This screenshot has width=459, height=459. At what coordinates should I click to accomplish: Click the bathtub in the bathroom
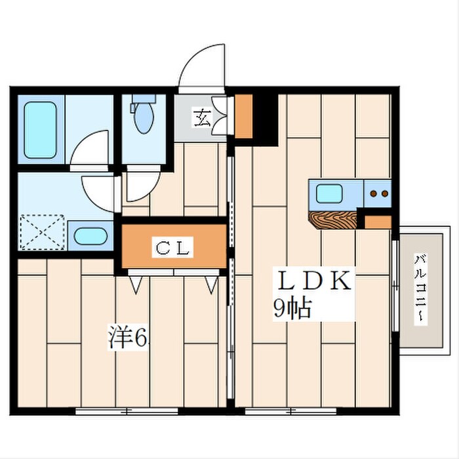pyautogui.click(x=40, y=130)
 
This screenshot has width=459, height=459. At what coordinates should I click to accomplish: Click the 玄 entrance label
pyautogui.click(x=202, y=117)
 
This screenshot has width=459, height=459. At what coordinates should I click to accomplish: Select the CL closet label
pyautogui.click(x=172, y=247)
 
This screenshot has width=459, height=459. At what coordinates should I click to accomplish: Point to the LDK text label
pyautogui.click(x=314, y=280)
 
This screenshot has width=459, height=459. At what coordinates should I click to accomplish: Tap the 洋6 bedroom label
pyautogui.click(x=128, y=336)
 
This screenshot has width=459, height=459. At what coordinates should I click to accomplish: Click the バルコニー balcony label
pyautogui.click(x=421, y=289)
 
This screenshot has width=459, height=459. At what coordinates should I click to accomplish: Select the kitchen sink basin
pyautogui.click(x=329, y=194)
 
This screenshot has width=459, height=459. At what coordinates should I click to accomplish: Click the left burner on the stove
pyautogui.click(x=374, y=193)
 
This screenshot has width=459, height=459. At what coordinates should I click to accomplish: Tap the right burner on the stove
pyautogui.click(x=385, y=193)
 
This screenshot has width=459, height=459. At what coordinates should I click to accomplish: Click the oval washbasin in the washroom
pyautogui.click(x=90, y=236)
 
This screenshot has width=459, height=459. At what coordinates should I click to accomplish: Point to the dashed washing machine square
pyautogui.click(x=42, y=232)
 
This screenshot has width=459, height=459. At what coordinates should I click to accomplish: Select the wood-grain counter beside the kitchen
pyautogui.click(x=333, y=220)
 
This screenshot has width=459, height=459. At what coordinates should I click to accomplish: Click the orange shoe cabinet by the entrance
pyautogui.click(x=243, y=116)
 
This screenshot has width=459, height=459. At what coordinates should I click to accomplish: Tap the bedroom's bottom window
pyautogui.click(x=127, y=411)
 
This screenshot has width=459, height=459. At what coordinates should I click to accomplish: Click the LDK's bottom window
pyautogui.click(x=290, y=411)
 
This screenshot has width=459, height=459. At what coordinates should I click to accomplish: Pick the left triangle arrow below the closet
pyautogui.click(x=136, y=285)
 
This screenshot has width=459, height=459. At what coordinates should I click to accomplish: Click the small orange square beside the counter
pyautogui.click(x=378, y=222)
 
